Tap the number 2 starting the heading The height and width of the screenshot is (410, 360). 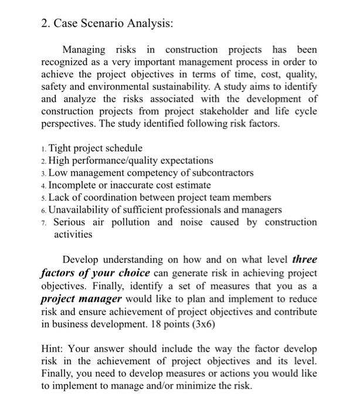pos(45,24)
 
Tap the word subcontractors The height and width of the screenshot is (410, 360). pos(221,173)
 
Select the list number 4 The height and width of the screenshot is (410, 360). pos(45,186)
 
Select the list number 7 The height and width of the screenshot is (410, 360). pos(45,223)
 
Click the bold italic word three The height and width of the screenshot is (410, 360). pos(304,259)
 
